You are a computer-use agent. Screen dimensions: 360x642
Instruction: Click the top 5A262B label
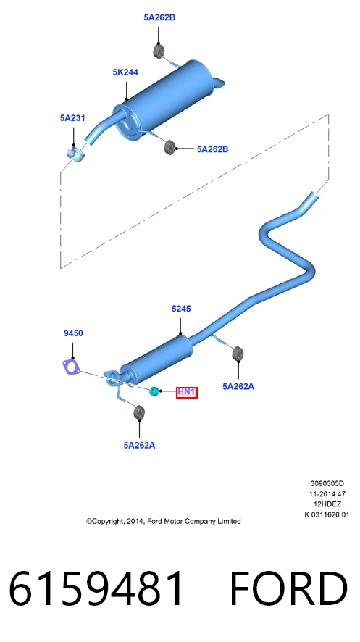point(159,17)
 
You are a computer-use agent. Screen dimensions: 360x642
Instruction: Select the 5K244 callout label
point(125,72)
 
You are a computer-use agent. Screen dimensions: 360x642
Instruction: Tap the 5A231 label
point(72,118)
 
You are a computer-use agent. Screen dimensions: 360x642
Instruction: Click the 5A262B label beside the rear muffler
point(212,149)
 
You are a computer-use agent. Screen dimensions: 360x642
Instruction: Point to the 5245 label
point(181,309)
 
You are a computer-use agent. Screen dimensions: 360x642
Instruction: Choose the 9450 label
point(73,334)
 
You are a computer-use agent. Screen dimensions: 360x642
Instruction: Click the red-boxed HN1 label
point(187,393)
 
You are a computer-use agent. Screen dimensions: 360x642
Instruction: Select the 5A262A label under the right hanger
point(238,386)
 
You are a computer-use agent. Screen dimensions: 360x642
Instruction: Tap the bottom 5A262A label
point(140,446)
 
